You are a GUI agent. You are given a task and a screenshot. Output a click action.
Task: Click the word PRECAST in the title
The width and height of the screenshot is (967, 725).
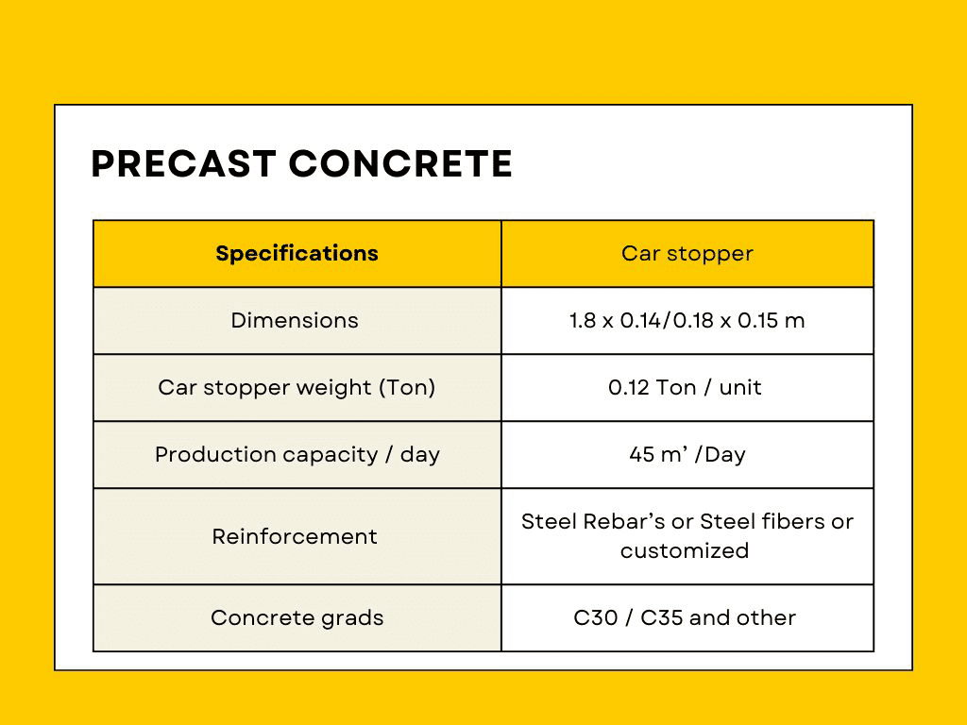click(x=184, y=163)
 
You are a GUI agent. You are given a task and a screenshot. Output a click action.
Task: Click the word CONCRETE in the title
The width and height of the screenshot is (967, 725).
click(x=400, y=163)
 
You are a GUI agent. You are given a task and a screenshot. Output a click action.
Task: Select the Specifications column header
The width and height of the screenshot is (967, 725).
click(x=297, y=253)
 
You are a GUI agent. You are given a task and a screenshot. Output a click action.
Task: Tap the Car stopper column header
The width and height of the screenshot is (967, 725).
click(x=687, y=253)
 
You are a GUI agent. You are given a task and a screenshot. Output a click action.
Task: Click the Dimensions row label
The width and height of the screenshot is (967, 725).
click(x=295, y=321)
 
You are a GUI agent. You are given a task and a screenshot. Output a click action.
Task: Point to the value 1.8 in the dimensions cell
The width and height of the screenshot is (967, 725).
click(x=583, y=321)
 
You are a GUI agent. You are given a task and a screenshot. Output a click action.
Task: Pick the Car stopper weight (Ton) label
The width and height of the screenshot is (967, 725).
click(x=297, y=387)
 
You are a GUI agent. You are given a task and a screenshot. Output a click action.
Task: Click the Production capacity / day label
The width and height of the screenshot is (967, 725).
click(x=297, y=455)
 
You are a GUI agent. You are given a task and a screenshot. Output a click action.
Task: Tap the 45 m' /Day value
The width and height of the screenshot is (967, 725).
click(x=687, y=455)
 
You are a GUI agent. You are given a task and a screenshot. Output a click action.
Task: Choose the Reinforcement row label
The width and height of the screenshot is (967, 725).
click(x=295, y=536)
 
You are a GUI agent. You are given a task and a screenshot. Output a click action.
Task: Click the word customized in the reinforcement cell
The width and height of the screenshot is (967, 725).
click(x=685, y=550)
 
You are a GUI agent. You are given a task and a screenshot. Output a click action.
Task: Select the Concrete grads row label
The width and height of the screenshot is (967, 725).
click(x=297, y=617)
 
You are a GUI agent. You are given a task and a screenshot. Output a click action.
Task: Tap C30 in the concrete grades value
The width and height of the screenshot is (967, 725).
click(x=596, y=617)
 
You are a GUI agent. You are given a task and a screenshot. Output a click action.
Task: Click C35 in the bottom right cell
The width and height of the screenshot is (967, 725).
click(x=662, y=617)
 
